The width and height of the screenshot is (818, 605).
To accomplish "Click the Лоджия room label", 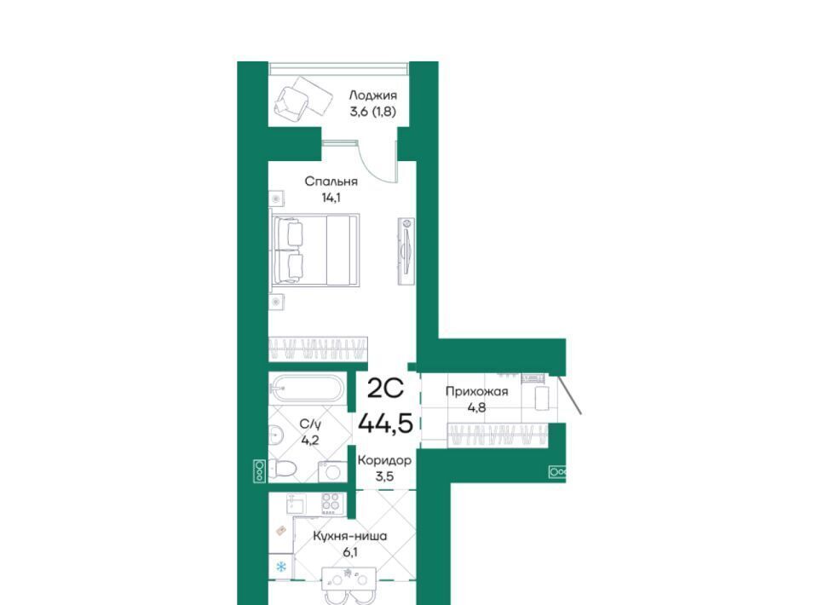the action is (372, 95).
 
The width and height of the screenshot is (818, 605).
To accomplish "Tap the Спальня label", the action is (331, 181).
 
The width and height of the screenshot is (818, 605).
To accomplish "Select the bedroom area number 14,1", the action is (331, 198).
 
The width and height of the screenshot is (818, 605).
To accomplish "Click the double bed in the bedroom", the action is (314, 250).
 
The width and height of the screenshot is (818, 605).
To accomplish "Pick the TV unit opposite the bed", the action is (406, 251).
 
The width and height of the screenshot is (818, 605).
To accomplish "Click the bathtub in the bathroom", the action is (306, 389).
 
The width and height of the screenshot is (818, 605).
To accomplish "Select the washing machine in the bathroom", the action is (331, 471).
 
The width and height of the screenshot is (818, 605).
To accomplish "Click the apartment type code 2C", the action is (385, 388).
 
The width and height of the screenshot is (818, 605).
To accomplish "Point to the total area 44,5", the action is (385, 423).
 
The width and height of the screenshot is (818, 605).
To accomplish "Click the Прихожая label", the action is (476, 391).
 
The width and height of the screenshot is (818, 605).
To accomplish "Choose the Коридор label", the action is (384, 460).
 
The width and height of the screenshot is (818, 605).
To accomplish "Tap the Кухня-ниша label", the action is (349, 536).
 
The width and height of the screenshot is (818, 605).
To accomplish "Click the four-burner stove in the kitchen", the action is (331, 504).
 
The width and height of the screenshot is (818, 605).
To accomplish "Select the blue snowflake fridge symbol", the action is (280, 567).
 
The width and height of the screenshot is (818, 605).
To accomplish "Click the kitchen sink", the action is (297, 504).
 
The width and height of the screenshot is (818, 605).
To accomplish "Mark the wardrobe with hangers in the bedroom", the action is (318, 349).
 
